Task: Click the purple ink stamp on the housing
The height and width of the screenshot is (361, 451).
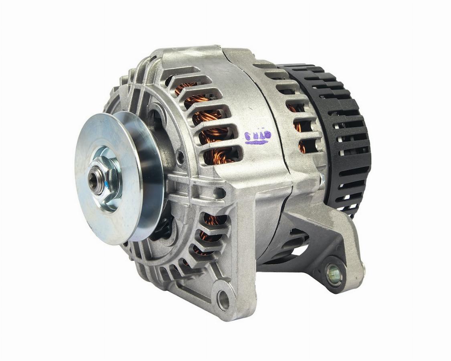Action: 258,137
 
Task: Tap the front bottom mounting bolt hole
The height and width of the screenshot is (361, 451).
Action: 223,299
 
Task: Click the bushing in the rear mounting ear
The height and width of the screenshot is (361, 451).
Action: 334,274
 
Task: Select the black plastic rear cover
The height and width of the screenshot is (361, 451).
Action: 345,132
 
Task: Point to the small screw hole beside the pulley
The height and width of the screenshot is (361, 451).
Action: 180,157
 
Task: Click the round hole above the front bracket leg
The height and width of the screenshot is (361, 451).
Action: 220,193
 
